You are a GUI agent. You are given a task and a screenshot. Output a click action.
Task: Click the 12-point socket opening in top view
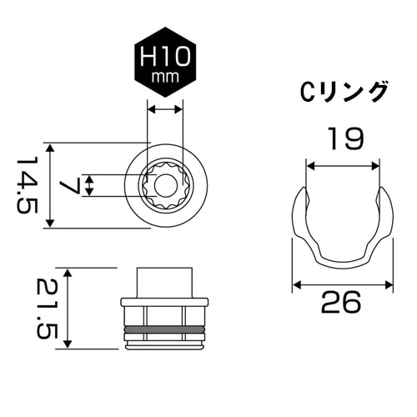coord(164,186)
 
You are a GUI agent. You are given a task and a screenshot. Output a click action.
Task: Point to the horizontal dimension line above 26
coord(342,284)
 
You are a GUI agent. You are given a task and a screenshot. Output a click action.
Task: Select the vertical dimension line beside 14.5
coord(53,185)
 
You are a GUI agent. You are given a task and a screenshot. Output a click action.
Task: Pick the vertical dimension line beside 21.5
coord(68,309)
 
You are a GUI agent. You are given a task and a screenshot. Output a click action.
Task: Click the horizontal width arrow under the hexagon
coord(164,108)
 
